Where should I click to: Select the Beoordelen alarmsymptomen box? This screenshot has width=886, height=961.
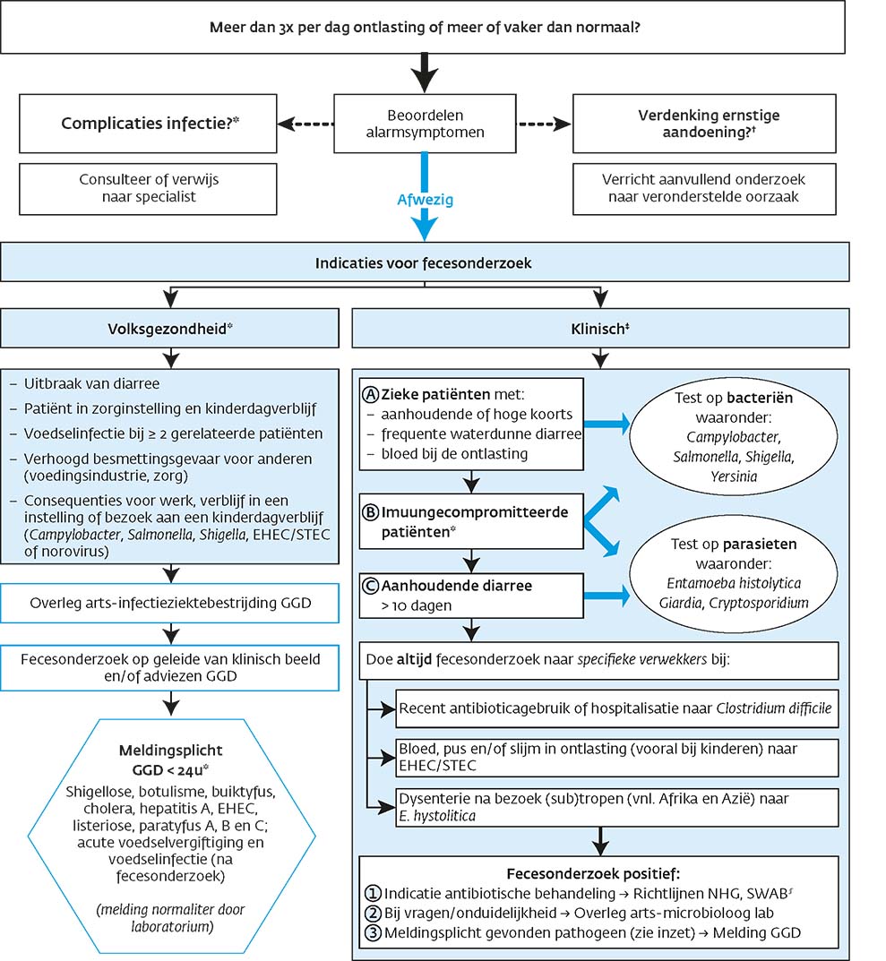[425, 123]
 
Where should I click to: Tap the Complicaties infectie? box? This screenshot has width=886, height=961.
[147, 123]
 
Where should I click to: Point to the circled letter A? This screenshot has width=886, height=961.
[370, 393]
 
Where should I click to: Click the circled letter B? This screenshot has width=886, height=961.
[369, 514]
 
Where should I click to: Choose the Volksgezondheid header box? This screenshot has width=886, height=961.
[169, 329]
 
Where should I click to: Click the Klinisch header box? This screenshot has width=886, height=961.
[600, 329]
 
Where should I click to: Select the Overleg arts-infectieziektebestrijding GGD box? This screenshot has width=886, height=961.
[169, 603]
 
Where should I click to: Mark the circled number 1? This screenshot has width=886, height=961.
[374, 893]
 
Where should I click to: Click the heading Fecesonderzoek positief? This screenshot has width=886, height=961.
[599, 873]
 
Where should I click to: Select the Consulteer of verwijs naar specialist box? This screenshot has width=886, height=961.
[147, 187]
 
